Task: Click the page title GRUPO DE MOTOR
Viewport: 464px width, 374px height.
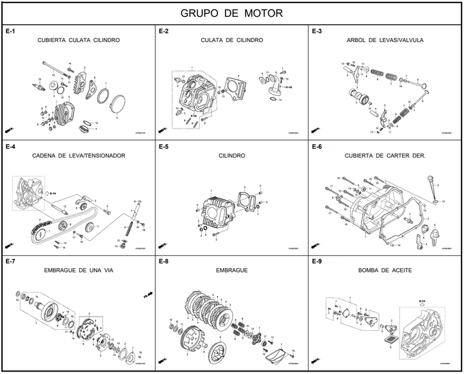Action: pyautogui.click(x=231, y=13)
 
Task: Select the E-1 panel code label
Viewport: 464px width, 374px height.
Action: pyautogui.click(x=10, y=31)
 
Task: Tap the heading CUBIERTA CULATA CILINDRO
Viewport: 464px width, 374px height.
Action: pyautogui.click(x=79, y=40)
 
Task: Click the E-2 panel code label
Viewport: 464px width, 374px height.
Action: pyautogui.click(x=164, y=31)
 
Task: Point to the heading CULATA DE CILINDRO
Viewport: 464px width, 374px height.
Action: pyautogui.click(x=231, y=40)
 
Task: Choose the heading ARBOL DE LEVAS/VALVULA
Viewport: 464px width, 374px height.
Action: pyautogui.click(x=385, y=40)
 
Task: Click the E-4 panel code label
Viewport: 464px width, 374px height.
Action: pyautogui.click(x=10, y=147)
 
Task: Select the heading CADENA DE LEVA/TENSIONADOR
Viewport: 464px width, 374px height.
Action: pyautogui.click(x=79, y=156)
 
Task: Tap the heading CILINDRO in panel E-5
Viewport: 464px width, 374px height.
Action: pyautogui.click(x=231, y=156)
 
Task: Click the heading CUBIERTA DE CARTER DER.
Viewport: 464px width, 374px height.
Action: pyautogui.click(x=385, y=156)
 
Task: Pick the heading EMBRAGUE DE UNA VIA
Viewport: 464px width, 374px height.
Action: pyautogui.click(x=79, y=271)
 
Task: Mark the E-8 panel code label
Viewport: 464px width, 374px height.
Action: pyautogui.click(x=164, y=262)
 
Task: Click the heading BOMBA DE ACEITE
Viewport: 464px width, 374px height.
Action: pyautogui.click(x=385, y=271)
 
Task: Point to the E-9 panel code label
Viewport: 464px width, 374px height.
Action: pyautogui.click(x=316, y=262)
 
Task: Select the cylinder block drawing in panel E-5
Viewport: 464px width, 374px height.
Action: pyautogui.click(x=217, y=211)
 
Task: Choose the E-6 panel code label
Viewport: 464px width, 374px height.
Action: pyautogui.click(x=316, y=147)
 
